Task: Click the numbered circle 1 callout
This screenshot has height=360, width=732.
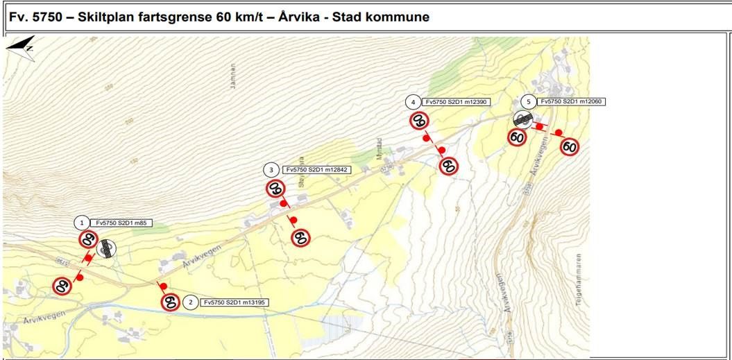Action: [x=83, y=223]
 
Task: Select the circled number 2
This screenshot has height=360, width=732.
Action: [x=189, y=302]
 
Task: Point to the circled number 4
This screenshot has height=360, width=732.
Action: [x=414, y=102]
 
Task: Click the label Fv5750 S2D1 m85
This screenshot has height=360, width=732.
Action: [x=123, y=223]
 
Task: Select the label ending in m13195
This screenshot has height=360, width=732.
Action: [x=235, y=302]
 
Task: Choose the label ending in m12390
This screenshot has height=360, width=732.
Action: [x=458, y=102]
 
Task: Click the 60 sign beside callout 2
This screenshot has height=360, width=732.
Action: [x=170, y=302]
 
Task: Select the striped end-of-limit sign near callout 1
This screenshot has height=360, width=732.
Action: [x=107, y=248]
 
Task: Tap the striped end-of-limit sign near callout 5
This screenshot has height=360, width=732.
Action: [x=522, y=120]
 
